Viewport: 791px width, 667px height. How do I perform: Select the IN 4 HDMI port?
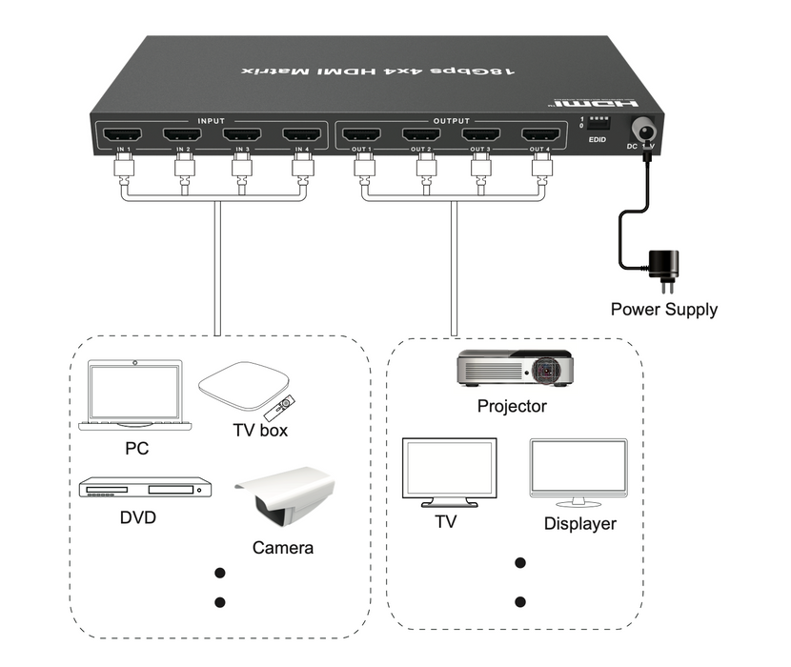tap(302, 135)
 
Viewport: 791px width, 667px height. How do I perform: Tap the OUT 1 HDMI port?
tap(361, 135)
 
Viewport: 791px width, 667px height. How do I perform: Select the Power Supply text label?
tap(663, 309)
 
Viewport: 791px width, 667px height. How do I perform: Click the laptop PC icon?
tap(134, 395)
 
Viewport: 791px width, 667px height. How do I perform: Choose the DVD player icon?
tap(143, 488)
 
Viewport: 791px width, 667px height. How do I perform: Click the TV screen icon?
tap(449, 473)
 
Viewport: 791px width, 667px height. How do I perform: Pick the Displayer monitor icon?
tap(578, 473)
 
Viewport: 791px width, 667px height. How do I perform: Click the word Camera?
tap(282, 548)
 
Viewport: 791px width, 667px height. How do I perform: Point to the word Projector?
tap(512, 407)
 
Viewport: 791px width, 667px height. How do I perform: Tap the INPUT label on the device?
tap(211, 122)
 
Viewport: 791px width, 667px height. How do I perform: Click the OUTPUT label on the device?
tap(451, 122)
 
